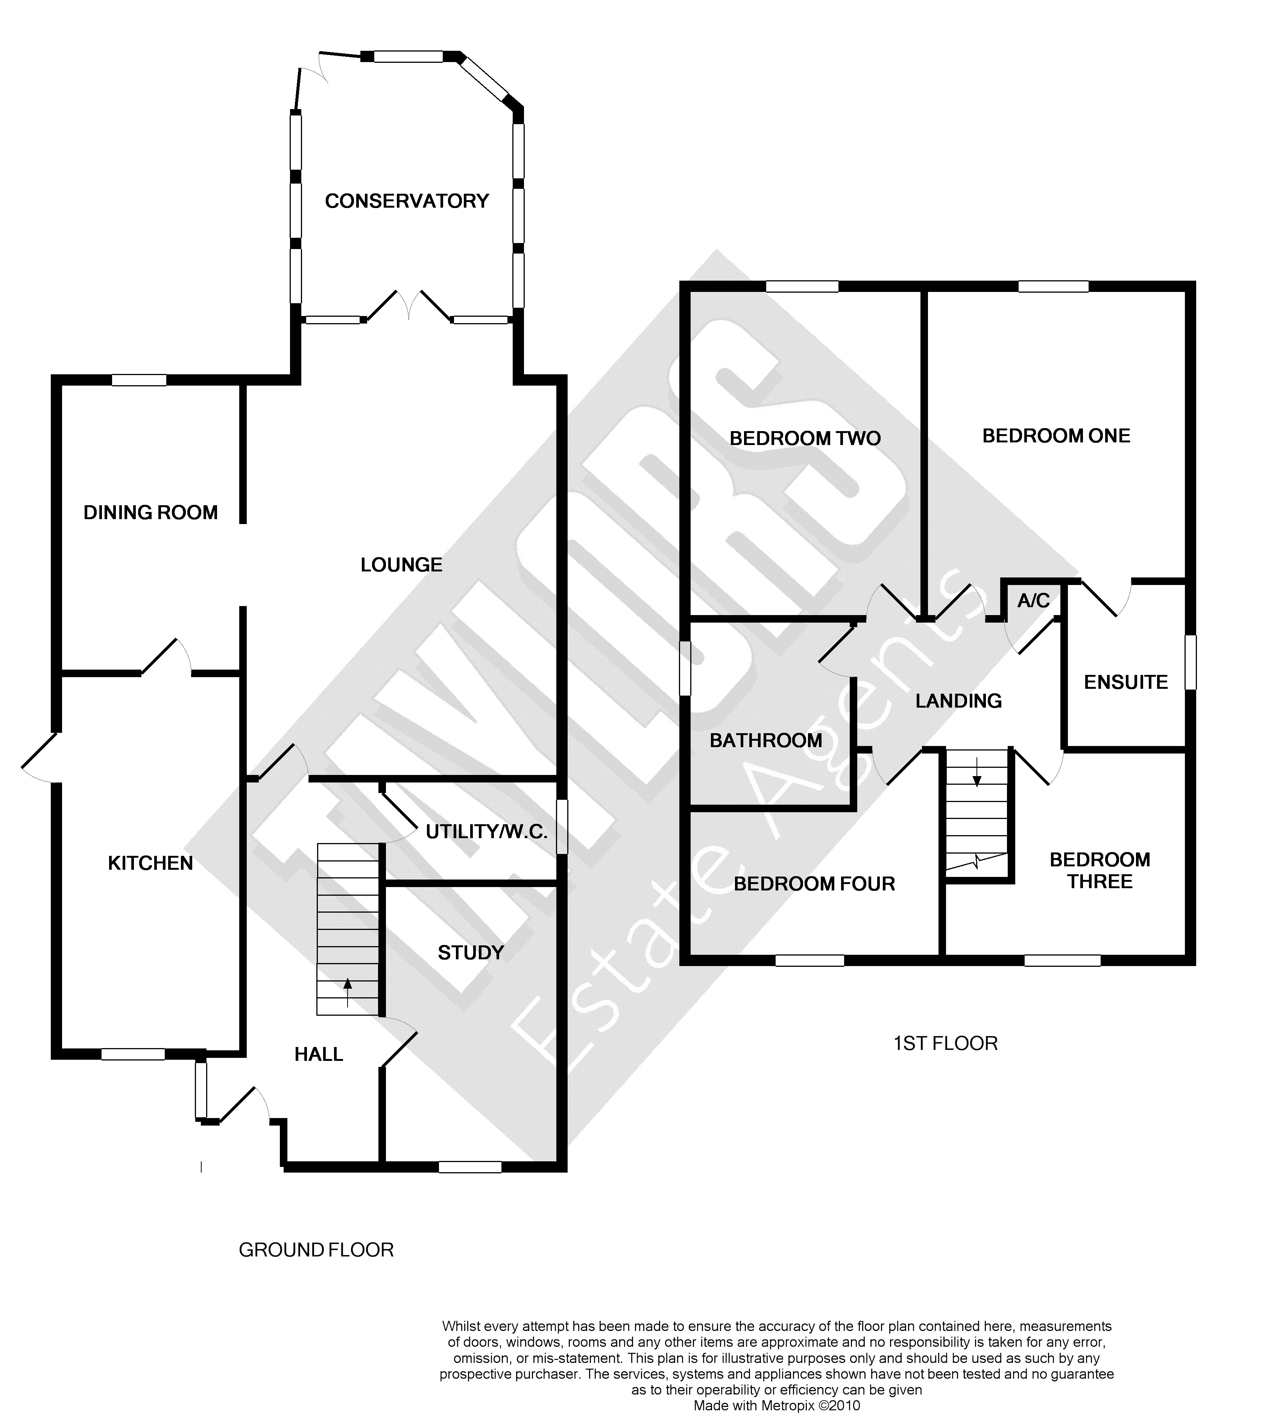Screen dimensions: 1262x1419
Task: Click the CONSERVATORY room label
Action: click(x=407, y=201)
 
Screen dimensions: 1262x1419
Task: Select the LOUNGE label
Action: click(x=401, y=565)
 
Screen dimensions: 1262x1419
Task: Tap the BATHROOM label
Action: click(x=766, y=741)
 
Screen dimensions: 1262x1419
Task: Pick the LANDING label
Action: click(x=959, y=701)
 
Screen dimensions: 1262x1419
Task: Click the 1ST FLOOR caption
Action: click(x=945, y=1044)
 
